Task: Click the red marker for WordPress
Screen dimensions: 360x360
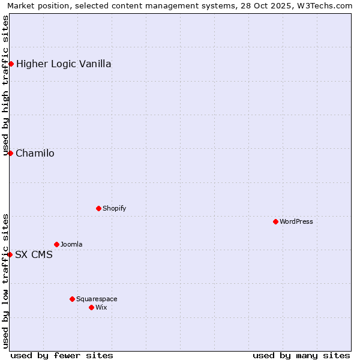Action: pos(275,221)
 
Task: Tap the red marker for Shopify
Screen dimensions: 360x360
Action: pos(98,208)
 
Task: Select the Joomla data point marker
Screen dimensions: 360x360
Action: pos(56,244)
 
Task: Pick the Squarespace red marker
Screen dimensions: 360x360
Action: pos(72,299)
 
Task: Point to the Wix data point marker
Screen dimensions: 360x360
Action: pos(91,307)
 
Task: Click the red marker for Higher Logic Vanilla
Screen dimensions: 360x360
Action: pos(11,64)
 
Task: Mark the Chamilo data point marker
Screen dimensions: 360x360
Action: pos(10,153)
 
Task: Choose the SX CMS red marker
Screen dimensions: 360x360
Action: pos(10,254)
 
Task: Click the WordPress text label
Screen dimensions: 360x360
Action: pos(296,221)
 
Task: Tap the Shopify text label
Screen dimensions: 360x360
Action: pos(115,208)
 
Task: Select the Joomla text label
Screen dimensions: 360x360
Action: pos(71,244)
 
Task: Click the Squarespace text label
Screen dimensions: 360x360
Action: pos(97,299)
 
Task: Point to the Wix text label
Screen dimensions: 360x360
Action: pos(101,307)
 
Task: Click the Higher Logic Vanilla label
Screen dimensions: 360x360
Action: pos(64,64)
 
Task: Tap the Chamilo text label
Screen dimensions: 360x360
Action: pos(35,153)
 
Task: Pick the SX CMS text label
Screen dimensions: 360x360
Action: pos(34,254)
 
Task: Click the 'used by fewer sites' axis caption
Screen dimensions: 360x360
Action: pos(62,355)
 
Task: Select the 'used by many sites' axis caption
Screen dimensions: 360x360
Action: pos(301,355)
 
